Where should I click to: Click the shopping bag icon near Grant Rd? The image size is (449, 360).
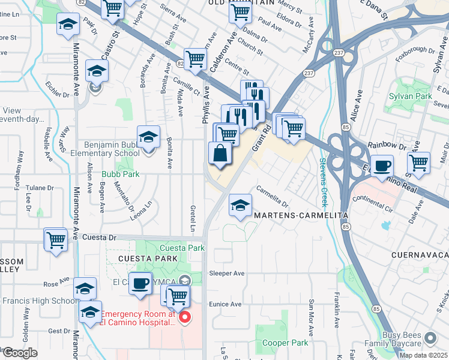click(220, 154)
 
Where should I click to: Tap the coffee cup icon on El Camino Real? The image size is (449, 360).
click(382, 166)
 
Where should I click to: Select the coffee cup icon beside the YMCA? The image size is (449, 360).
click(140, 283)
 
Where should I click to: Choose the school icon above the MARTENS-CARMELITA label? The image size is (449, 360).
click(240, 206)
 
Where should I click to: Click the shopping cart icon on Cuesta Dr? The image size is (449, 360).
click(56, 240)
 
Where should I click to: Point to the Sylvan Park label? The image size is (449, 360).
click(410, 96)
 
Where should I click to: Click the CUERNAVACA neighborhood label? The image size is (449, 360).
click(419, 255)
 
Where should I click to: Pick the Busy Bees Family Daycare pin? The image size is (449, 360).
click(429, 337)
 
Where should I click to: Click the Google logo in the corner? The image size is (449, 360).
click(20, 353)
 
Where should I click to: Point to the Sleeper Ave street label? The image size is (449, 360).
click(226, 273)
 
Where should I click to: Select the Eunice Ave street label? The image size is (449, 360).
click(225, 304)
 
